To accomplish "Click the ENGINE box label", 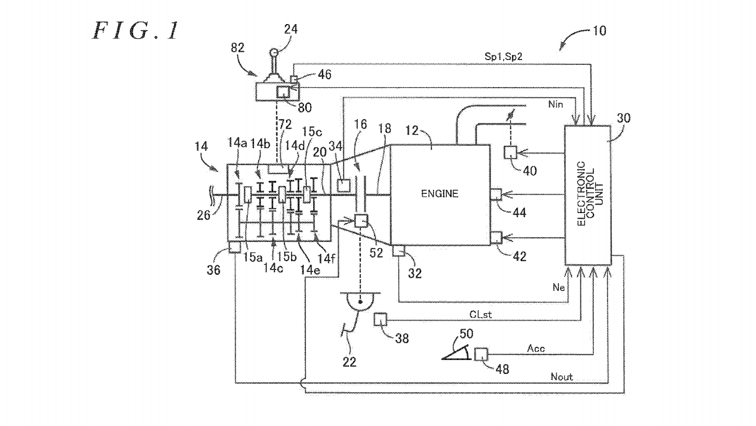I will tap(439, 194).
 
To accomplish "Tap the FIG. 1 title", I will tap(136, 31).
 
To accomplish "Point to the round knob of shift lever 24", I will tap(274, 53).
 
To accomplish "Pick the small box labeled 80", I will tap(284, 91).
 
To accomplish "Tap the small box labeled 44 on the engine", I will tap(496, 194).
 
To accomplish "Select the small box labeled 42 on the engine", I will tap(496, 238).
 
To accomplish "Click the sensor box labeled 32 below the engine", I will tap(398, 251).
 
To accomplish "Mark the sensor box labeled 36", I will tap(235, 247).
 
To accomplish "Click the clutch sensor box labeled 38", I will tap(380, 319).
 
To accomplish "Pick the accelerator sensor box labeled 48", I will tap(481, 354).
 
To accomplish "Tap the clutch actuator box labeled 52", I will tap(361, 220).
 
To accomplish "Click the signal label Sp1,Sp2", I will tap(503, 57).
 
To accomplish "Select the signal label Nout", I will tap(561, 377).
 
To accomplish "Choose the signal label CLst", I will tap(480, 314).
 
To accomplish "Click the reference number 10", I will tap(599, 31).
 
